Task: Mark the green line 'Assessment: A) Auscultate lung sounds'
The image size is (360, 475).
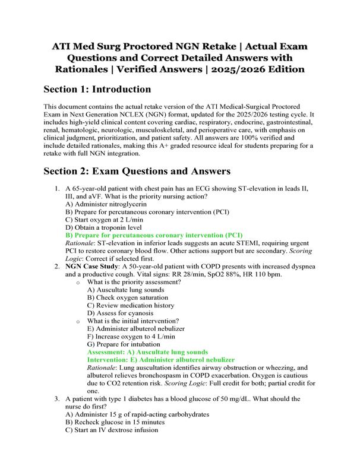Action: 147,352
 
